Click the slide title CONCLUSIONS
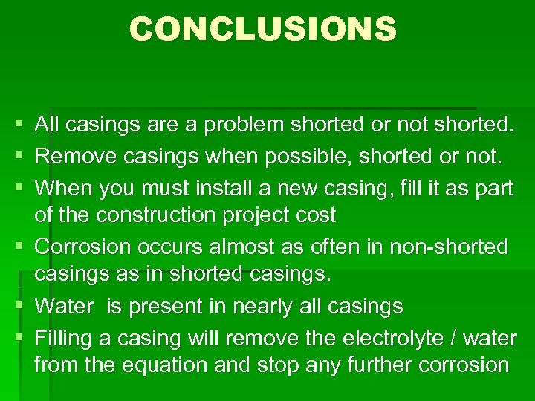263,30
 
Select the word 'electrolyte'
399,338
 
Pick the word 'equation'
164,366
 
